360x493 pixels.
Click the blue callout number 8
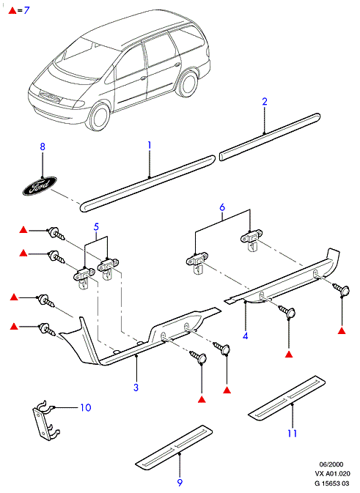(x=43, y=147)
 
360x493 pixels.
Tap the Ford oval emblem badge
(x=40, y=186)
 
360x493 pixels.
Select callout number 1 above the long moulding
(x=150, y=145)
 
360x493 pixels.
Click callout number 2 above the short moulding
(x=265, y=102)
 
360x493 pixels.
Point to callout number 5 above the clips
(x=96, y=226)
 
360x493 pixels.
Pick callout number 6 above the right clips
(x=222, y=207)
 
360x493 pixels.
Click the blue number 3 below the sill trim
(x=136, y=387)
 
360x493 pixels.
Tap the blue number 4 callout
(x=246, y=336)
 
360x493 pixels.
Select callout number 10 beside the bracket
(x=85, y=408)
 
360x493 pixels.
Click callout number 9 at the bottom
(x=180, y=482)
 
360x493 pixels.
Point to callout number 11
(x=293, y=433)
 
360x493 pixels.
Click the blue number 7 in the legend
(x=26, y=10)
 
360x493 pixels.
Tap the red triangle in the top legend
(x=12, y=10)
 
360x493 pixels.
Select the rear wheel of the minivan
(x=188, y=84)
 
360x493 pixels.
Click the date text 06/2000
(x=331, y=464)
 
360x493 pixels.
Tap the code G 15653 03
(x=332, y=483)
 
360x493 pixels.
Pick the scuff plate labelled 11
(x=287, y=398)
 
